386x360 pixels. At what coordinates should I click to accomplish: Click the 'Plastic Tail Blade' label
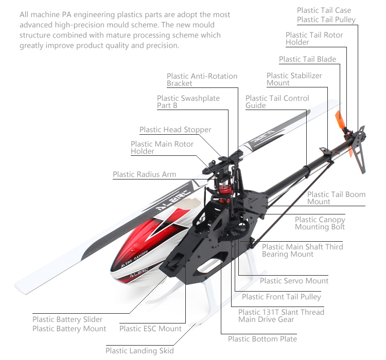click(307, 59)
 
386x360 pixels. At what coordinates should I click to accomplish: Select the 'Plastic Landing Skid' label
click(139, 351)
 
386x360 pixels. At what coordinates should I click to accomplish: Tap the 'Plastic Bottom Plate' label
click(262, 339)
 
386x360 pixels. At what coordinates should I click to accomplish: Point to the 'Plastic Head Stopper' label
click(175, 130)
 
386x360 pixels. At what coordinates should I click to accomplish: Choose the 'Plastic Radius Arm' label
click(144, 174)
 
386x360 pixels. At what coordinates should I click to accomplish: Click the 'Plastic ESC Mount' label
click(150, 329)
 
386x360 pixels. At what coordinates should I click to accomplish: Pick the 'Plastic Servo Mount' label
click(294, 281)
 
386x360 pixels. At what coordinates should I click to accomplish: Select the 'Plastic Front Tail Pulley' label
click(281, 296)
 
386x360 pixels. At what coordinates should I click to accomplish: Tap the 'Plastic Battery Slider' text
click(67, 319)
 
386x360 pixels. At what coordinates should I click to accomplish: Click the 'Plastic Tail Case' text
click(324, 10)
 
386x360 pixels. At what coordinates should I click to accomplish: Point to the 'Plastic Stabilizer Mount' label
click(294, 79)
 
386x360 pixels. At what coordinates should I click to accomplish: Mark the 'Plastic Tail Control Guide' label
click(277, 102)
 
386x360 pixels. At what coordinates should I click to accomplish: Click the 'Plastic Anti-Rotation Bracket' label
click(202, 80)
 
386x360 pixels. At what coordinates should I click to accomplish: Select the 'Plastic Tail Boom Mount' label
click(336, 198)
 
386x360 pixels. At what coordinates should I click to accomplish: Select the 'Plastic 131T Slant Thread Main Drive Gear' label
click(281, 316)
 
